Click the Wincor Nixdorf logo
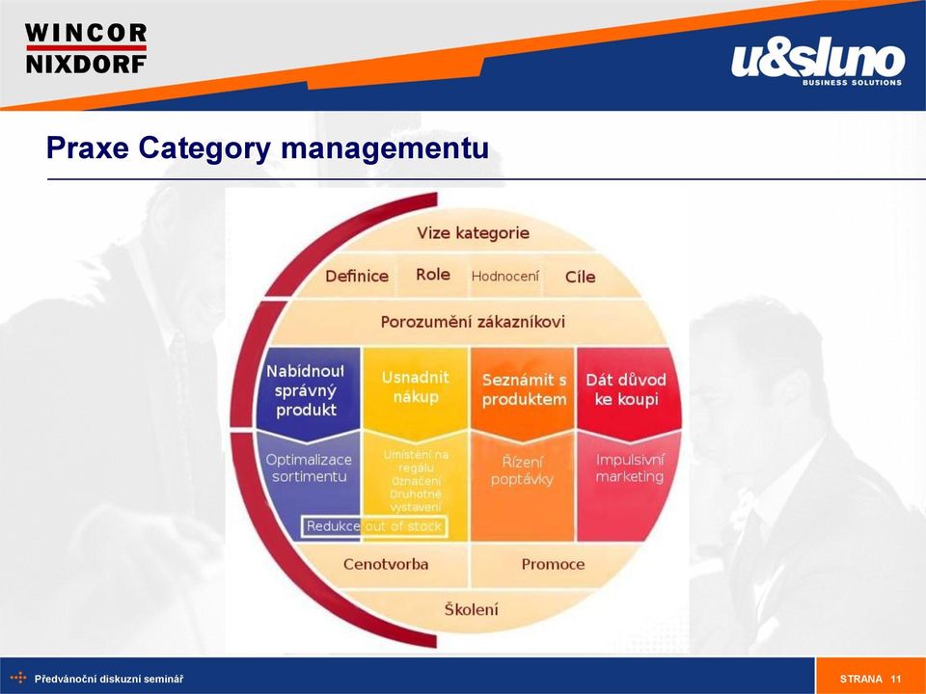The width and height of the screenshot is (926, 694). [x=86, y=48]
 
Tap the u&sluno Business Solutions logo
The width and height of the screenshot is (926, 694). [x=817, y=64]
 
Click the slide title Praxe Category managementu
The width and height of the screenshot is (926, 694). [x=267, y=147]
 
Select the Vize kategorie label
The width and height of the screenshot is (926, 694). [x=473, y=233]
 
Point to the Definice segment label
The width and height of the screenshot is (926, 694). [x=357, y=277]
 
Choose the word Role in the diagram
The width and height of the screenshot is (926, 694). [x=433, y=275]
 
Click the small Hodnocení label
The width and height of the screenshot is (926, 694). [x=505, y=277]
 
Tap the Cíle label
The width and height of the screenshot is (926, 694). [x=580, y=277]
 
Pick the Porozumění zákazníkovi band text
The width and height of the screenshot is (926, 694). [x=473, y=322]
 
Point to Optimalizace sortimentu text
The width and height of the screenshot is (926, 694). [x=309, y=468]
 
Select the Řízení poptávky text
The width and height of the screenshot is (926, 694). [x=522, y=470]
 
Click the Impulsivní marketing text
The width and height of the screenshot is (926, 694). [x=630, y=468]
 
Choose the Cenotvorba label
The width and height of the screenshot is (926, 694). [x=386, y=564]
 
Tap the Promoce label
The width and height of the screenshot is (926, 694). [x=553, y=564]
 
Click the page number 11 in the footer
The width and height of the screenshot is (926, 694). [x=896, y=679]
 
